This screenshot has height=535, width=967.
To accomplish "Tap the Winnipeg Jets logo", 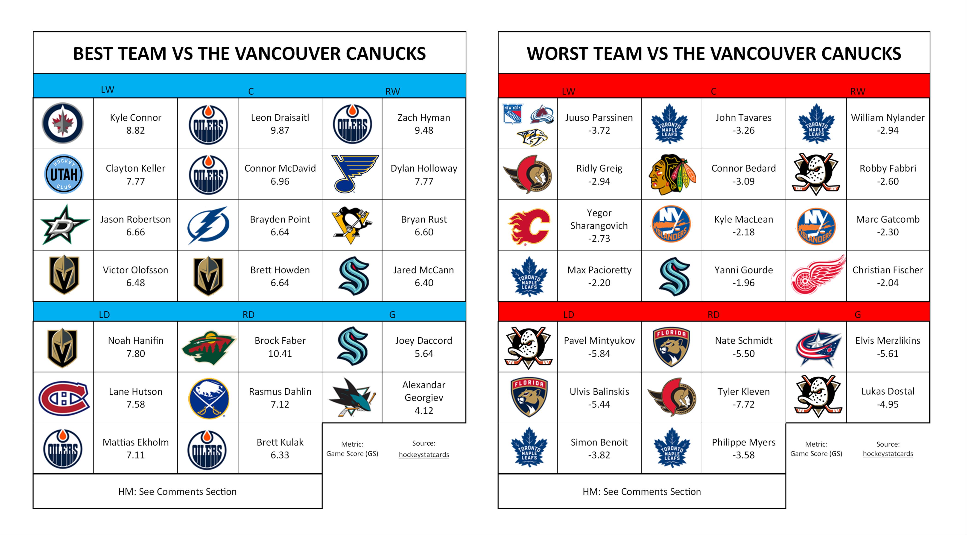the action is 63,123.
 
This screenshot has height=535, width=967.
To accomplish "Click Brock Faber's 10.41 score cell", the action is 280,347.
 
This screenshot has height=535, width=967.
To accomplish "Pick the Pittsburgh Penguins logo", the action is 351,225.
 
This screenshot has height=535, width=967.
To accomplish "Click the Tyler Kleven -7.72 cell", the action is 744,398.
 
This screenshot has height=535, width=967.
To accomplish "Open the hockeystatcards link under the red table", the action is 888,453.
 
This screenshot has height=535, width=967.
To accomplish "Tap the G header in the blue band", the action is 392,315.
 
